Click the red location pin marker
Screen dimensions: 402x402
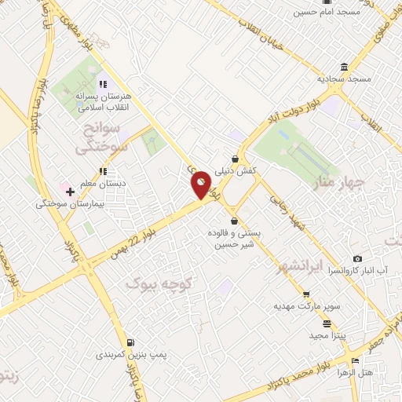tap(201, 185)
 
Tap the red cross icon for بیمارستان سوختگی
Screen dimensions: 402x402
tap(70, 191)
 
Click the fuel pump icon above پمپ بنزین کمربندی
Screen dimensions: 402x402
tap(130, 342)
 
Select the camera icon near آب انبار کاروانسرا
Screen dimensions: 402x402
tap(358, 258)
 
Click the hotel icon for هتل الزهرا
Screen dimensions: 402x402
tap(355, 360)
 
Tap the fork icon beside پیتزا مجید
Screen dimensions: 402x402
tap(327, 323)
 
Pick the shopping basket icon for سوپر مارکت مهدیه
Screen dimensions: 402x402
tap(295, 293)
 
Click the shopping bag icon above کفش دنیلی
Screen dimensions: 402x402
tap(236, 157)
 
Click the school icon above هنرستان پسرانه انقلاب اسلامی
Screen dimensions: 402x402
tap(102, 83)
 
